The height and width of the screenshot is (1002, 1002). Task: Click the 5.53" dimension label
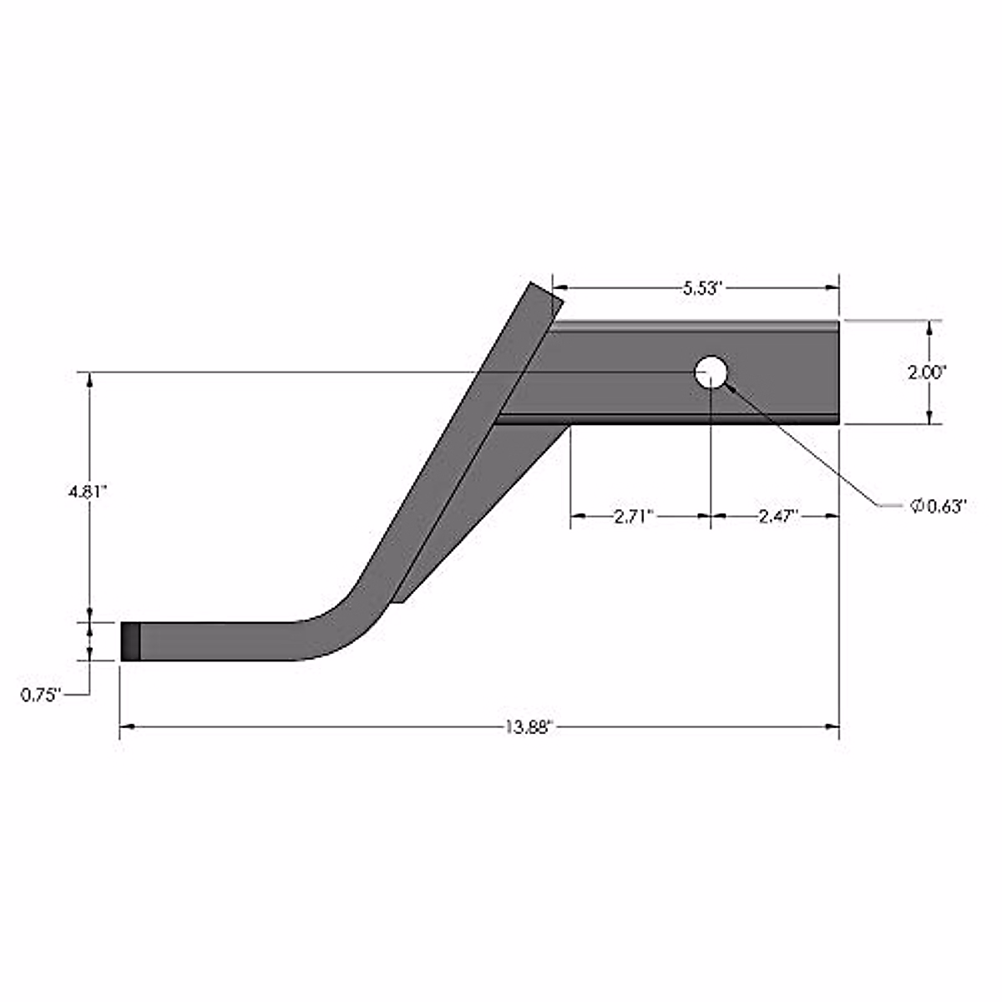click(x=701, y=289)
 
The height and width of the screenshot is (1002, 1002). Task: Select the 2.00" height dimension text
click(x=927, y=372)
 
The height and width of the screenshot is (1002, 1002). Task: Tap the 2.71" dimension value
click(x=633, y=517)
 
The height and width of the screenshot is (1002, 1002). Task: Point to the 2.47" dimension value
click(x=779, y=517)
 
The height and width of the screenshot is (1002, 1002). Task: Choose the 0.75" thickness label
click(x=42, y=694)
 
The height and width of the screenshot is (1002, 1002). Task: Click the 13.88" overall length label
click(x=529, y=727)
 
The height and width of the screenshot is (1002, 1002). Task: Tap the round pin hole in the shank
click(x=711, y=371)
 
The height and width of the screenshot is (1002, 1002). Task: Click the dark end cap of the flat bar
click(x=130, y=641)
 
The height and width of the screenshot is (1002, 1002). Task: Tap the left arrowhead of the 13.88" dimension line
click(x=127, y=727)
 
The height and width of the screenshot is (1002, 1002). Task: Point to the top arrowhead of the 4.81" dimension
click(x=90, y=378)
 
